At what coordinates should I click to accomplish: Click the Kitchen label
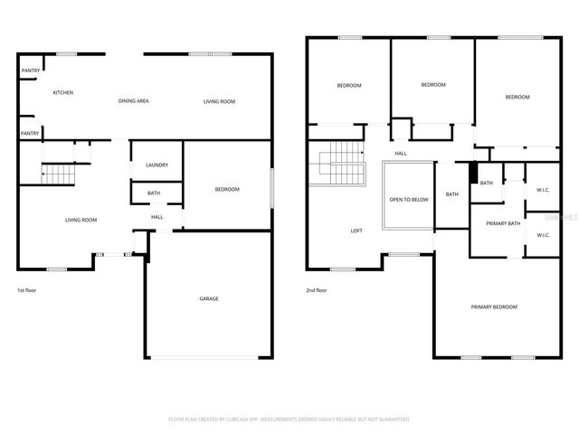tap(62, 92)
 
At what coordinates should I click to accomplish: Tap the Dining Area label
tap(133, 101)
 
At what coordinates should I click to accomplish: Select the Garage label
tap(209, 298)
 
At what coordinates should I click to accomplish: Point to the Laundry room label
tap(157, 165)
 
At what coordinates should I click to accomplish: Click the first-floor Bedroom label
tap(227, 189)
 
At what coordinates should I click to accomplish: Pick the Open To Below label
tap(409, 200)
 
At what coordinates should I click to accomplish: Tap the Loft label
tap(356, 231)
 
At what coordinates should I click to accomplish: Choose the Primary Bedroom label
tap(494, 307)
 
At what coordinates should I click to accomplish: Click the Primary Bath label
tap(503, 223)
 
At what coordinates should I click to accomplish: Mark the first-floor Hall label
tap(157, 217)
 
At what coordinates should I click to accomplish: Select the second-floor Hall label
tap(400, 153)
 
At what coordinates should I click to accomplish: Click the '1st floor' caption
tap(27, 290)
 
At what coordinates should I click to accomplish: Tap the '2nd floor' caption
tap(317, 290)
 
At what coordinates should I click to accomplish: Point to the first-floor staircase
tap(58, 172)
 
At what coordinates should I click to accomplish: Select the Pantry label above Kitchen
tap(30, 70)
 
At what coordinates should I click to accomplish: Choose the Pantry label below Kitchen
tap(30, 133)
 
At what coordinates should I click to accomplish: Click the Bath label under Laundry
tap(154, 193)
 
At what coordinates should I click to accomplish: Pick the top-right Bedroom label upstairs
tap(517, 97)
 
